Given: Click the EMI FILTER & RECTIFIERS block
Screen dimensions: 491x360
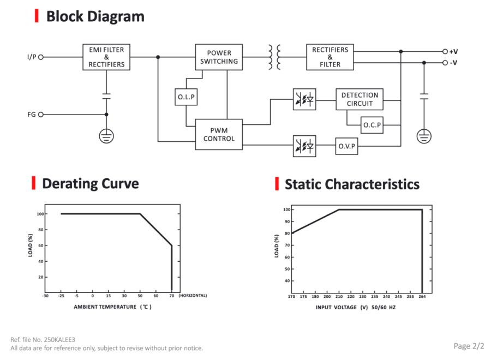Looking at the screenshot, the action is tap(106, 57).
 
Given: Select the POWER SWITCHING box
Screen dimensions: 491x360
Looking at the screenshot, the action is tap(219, 57).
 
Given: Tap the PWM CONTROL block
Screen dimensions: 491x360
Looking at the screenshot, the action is tap(219, 134).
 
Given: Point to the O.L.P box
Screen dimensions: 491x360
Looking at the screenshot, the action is tap(186, 97).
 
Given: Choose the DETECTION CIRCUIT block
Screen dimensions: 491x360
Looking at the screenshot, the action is tap(360, 99).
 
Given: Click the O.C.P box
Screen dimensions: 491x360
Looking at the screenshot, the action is tap(372, 125).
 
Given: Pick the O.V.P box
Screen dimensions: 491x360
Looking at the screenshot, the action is tap(346, 146).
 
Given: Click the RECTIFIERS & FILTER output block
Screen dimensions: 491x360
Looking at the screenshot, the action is tap(330, 57).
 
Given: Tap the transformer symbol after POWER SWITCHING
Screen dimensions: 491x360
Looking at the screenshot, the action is tap(274, 57).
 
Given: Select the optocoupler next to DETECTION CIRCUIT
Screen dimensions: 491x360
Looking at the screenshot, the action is tap(304, 100).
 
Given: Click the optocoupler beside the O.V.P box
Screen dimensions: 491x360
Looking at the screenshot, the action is tap(304, 146).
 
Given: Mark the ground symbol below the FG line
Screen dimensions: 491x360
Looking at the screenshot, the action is tap(106, 136).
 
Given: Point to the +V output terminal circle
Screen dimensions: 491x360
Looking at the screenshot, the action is tap(445, 51).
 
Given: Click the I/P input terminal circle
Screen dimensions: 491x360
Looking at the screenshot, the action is tap(41, 57).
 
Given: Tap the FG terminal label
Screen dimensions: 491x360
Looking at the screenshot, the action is tap(31, 115).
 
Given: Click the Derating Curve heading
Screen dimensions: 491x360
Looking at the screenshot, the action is tap(91, 183).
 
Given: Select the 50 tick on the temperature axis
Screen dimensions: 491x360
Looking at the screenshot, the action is tap(140, 296).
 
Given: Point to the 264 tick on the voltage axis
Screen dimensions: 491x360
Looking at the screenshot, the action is tap(422, 296).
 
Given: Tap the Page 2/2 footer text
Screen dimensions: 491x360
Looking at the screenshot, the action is tap(469, 346).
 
